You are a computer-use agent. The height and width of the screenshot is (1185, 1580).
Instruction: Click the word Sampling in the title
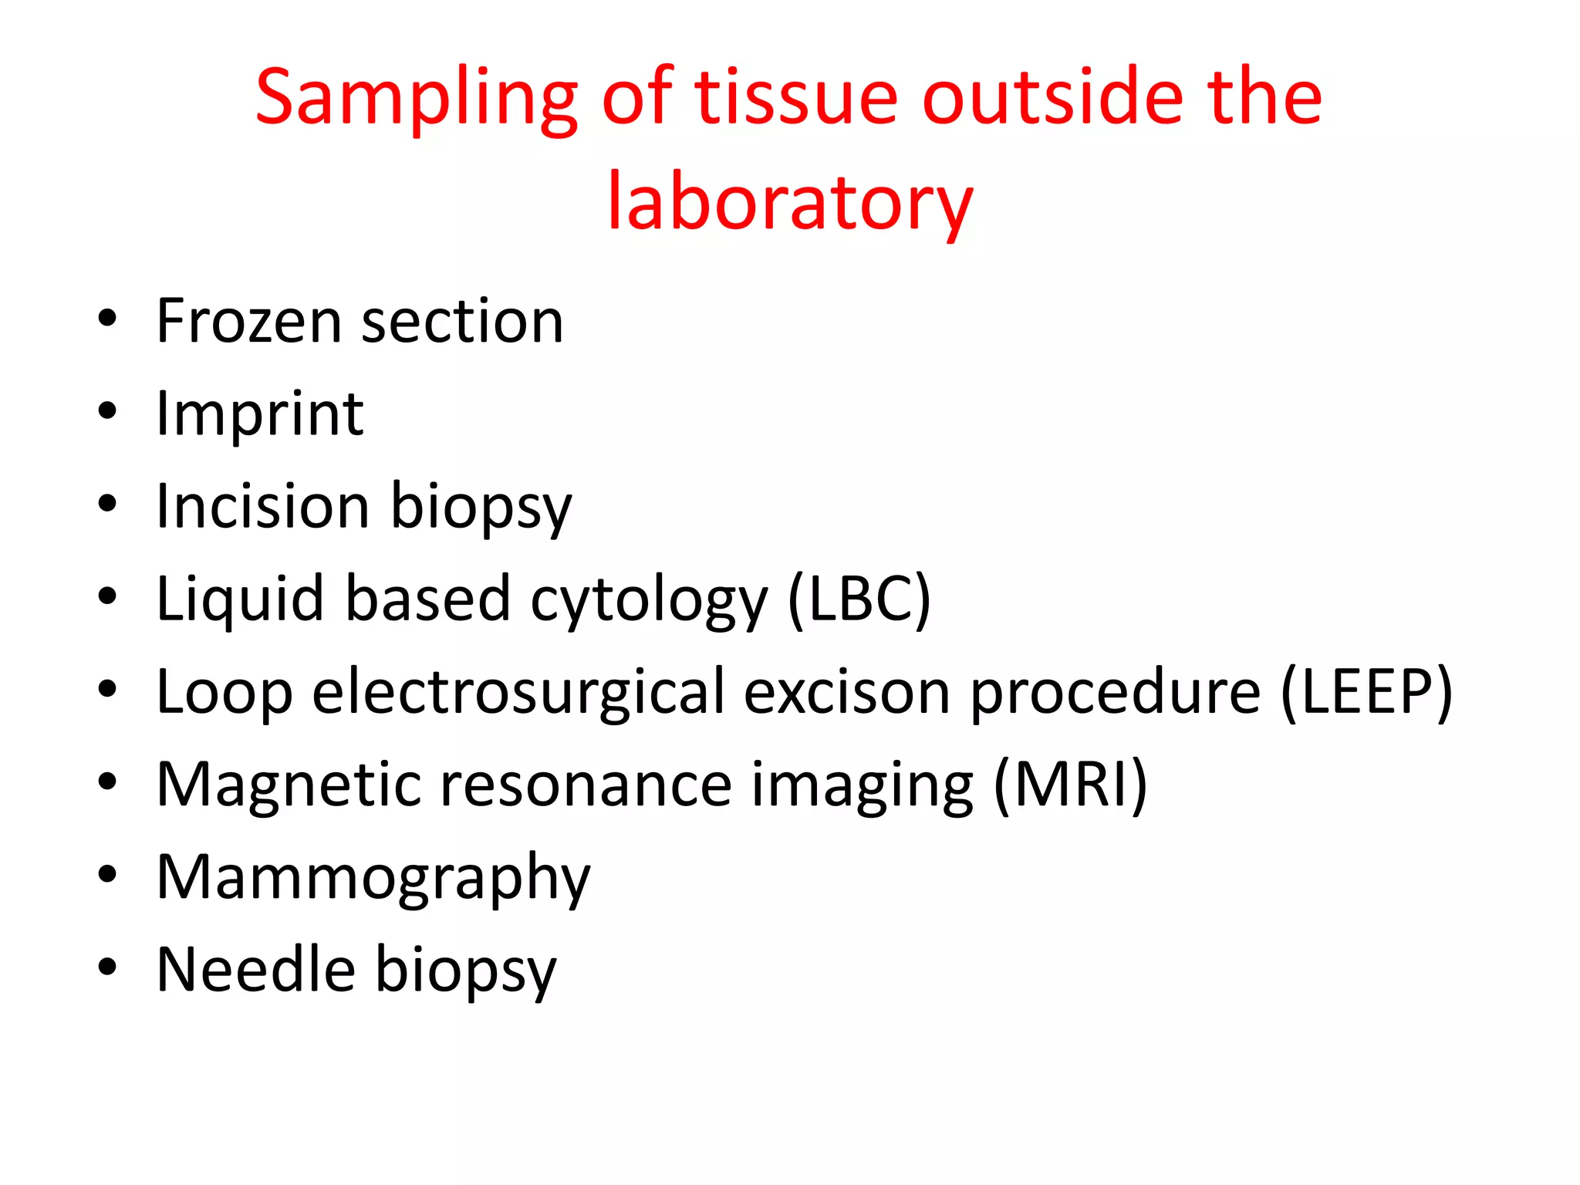417,99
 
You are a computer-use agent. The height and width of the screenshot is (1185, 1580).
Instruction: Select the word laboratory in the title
790,203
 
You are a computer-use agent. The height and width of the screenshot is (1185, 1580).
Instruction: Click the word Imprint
259,414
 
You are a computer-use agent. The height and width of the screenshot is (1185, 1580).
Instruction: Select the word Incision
262,507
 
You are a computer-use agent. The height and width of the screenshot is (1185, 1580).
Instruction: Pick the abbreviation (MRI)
1071,785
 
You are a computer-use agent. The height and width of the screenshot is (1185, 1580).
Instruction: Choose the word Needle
255,970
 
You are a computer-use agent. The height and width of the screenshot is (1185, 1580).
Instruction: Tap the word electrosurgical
518,692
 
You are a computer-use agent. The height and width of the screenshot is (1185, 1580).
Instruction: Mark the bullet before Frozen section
107,318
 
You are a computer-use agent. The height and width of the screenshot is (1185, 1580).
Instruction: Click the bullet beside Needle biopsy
107,966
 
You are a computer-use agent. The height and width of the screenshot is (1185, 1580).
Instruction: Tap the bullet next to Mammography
107,874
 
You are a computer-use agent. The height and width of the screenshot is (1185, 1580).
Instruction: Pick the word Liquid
240,599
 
